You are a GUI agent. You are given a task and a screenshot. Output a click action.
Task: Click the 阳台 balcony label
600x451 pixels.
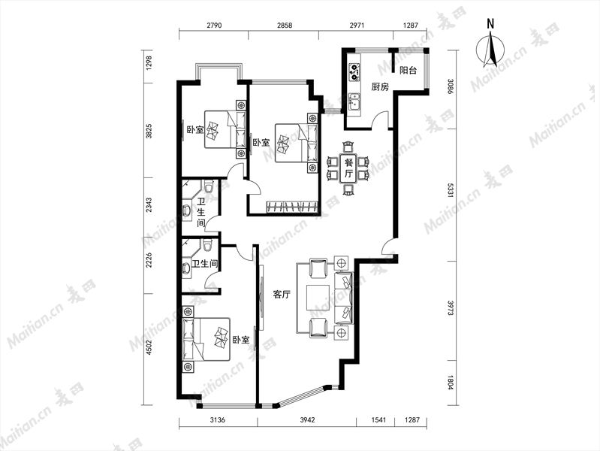pos(408,71)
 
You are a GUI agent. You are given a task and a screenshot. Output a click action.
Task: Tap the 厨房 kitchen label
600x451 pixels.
pos(380,87)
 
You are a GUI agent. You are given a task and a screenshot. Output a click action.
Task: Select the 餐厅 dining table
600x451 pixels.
pos(348,168)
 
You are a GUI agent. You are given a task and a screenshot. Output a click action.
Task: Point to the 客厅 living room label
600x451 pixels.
pos(282,295)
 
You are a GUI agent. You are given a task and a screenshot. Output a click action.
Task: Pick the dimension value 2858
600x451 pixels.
pos(285,26)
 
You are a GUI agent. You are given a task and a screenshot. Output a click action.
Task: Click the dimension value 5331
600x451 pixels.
pos(451,189)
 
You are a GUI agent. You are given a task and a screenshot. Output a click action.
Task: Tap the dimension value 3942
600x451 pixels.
pos(307,420)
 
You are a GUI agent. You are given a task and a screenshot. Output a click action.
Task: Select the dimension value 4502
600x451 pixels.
pos(149,348)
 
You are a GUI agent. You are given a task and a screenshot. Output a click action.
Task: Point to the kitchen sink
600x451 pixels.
pos(354,102)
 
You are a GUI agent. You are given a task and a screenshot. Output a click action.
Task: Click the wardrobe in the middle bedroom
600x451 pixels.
pos(292,207)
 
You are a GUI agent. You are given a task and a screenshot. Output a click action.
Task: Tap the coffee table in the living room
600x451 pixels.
pos(317,298)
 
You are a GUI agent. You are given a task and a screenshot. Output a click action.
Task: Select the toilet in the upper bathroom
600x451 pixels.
pos(209,186)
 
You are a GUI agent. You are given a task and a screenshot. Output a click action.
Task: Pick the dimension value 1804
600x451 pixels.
pos(451,382)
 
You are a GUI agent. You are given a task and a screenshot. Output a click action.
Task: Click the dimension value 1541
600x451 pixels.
pos(378,420)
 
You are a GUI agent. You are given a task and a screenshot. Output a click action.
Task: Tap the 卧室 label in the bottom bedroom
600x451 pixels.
pos(241,340)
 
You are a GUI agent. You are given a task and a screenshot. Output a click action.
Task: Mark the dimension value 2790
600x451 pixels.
pos(214,26)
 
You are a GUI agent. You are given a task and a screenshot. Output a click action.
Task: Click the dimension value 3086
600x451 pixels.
pos(451,87)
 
